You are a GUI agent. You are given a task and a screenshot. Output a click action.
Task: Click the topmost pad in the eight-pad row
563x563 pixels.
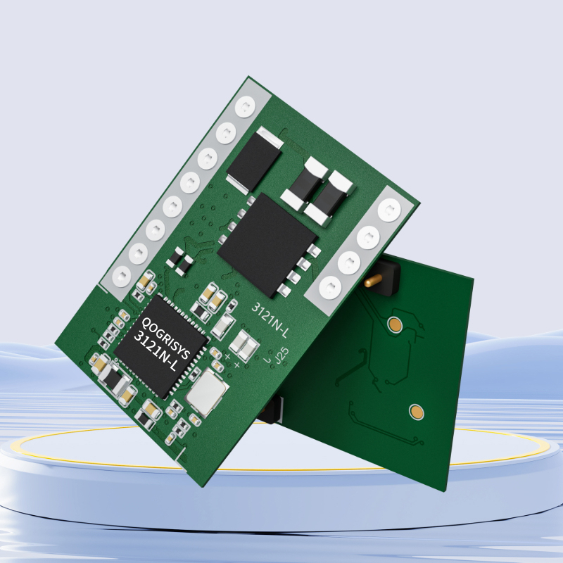(245, 107)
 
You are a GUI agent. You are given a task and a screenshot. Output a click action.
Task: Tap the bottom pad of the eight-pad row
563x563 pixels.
(122, 277)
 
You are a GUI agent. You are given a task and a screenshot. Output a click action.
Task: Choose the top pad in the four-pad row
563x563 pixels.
(389, 209)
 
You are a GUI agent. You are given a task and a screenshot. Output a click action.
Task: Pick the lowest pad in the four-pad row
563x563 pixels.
(330, 287)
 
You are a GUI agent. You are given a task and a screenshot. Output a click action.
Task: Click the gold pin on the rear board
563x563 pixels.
(373, 280)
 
